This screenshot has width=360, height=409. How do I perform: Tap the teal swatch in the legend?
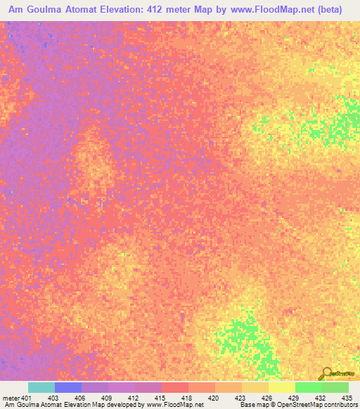tap(41, 387)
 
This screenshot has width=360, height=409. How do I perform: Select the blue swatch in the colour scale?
tap(67, 387)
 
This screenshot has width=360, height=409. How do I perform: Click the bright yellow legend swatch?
tap(281, 387)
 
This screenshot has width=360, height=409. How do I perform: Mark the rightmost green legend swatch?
tap(335, 387)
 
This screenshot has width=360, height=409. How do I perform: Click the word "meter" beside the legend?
tap(11, 397)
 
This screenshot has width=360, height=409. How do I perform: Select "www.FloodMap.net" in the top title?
tap(274, 11)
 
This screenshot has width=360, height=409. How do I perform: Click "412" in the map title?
tap(179, 11)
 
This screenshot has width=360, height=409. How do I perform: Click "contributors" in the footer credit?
tap(341, 405)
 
